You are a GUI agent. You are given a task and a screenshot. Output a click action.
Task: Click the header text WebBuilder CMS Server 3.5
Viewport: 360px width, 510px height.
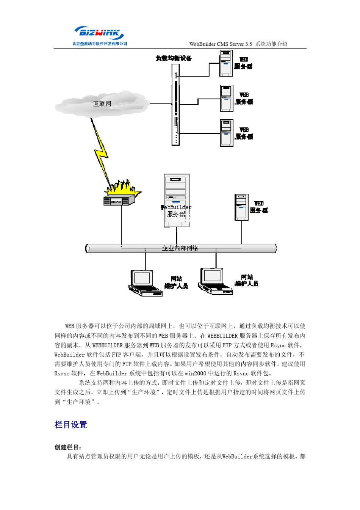[221, 44]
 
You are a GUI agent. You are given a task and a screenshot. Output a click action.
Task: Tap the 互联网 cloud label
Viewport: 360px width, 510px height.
[102, 104]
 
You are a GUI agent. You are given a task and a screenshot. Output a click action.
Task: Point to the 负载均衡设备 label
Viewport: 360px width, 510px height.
[174, 58]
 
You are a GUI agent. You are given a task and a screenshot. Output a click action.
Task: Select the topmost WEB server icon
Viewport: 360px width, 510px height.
[226, 63]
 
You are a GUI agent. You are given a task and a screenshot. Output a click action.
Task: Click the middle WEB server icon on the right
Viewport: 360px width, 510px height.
[227, 99]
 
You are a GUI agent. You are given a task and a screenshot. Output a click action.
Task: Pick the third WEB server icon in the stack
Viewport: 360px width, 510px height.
[227, 133]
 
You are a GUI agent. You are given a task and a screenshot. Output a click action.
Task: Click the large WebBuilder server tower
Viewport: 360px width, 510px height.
[177, 200]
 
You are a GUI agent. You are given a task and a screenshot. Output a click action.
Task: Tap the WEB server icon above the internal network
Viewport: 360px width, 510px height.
[241, 207]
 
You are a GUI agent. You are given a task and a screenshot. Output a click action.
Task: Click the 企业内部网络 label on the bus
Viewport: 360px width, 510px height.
[180, 248]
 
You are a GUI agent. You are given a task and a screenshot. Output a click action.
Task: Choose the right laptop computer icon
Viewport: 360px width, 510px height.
[214, 281]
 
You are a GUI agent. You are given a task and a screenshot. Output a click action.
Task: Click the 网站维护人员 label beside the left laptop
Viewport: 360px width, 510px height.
[176, 282]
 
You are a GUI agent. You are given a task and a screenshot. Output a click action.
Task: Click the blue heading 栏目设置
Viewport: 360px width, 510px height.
[71, 425]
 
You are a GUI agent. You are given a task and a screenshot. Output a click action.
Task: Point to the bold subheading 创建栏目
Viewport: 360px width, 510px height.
[68, 447]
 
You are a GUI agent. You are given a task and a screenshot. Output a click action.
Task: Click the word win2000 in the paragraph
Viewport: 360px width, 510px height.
[195, 373]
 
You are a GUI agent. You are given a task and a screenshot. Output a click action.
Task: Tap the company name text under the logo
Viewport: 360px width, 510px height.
[100, 44]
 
